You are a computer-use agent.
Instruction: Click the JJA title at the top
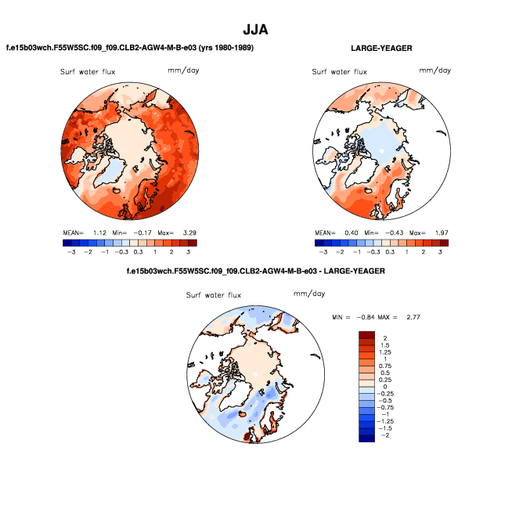[255, 30]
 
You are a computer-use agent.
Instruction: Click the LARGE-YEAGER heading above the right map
[382, 49]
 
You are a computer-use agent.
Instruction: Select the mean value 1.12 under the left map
[98, 233]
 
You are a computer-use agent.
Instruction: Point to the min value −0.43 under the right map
[384, 233]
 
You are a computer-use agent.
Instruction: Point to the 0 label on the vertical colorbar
[384, 387]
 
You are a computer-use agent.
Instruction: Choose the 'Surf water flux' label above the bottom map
[214, 295]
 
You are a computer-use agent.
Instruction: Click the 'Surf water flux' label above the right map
[339, 72]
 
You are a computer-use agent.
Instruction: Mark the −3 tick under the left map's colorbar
[68, 253]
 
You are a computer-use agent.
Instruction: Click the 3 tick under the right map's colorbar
[441, 253]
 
